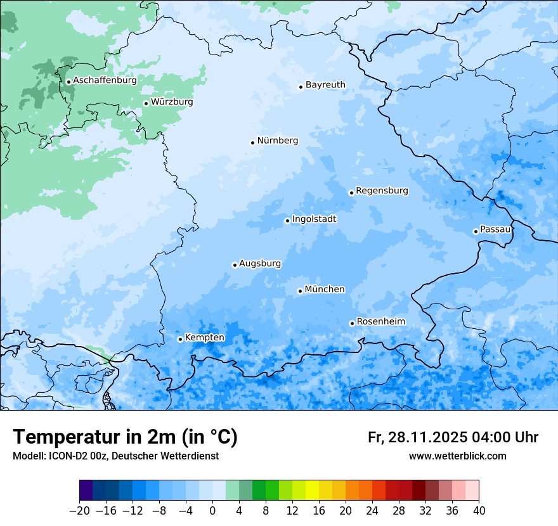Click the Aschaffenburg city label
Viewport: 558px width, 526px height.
point(105,80)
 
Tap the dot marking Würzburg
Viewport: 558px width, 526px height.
point(146,103)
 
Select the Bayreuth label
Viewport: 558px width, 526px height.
point(325,85)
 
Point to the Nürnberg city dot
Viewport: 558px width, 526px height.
point(252,143)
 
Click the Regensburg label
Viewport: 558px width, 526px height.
point(382,191)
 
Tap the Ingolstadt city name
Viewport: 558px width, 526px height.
point(314,219)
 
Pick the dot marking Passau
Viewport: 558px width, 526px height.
point(476,231)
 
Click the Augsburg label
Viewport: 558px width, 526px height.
point(260,264)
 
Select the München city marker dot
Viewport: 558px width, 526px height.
point(300,291)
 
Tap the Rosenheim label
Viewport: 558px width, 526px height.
point(380,322)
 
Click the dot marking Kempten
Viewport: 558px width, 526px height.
point(180,339)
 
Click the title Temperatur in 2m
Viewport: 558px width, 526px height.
point(125,437)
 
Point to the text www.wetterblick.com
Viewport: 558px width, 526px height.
point(457,456)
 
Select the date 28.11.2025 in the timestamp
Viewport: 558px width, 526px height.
point(428,437)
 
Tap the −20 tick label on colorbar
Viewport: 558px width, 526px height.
point(79,511)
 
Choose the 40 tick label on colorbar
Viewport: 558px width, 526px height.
point(479,511)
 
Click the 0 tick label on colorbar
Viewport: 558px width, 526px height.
point(212,511)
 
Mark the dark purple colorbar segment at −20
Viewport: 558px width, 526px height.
point(86,491)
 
